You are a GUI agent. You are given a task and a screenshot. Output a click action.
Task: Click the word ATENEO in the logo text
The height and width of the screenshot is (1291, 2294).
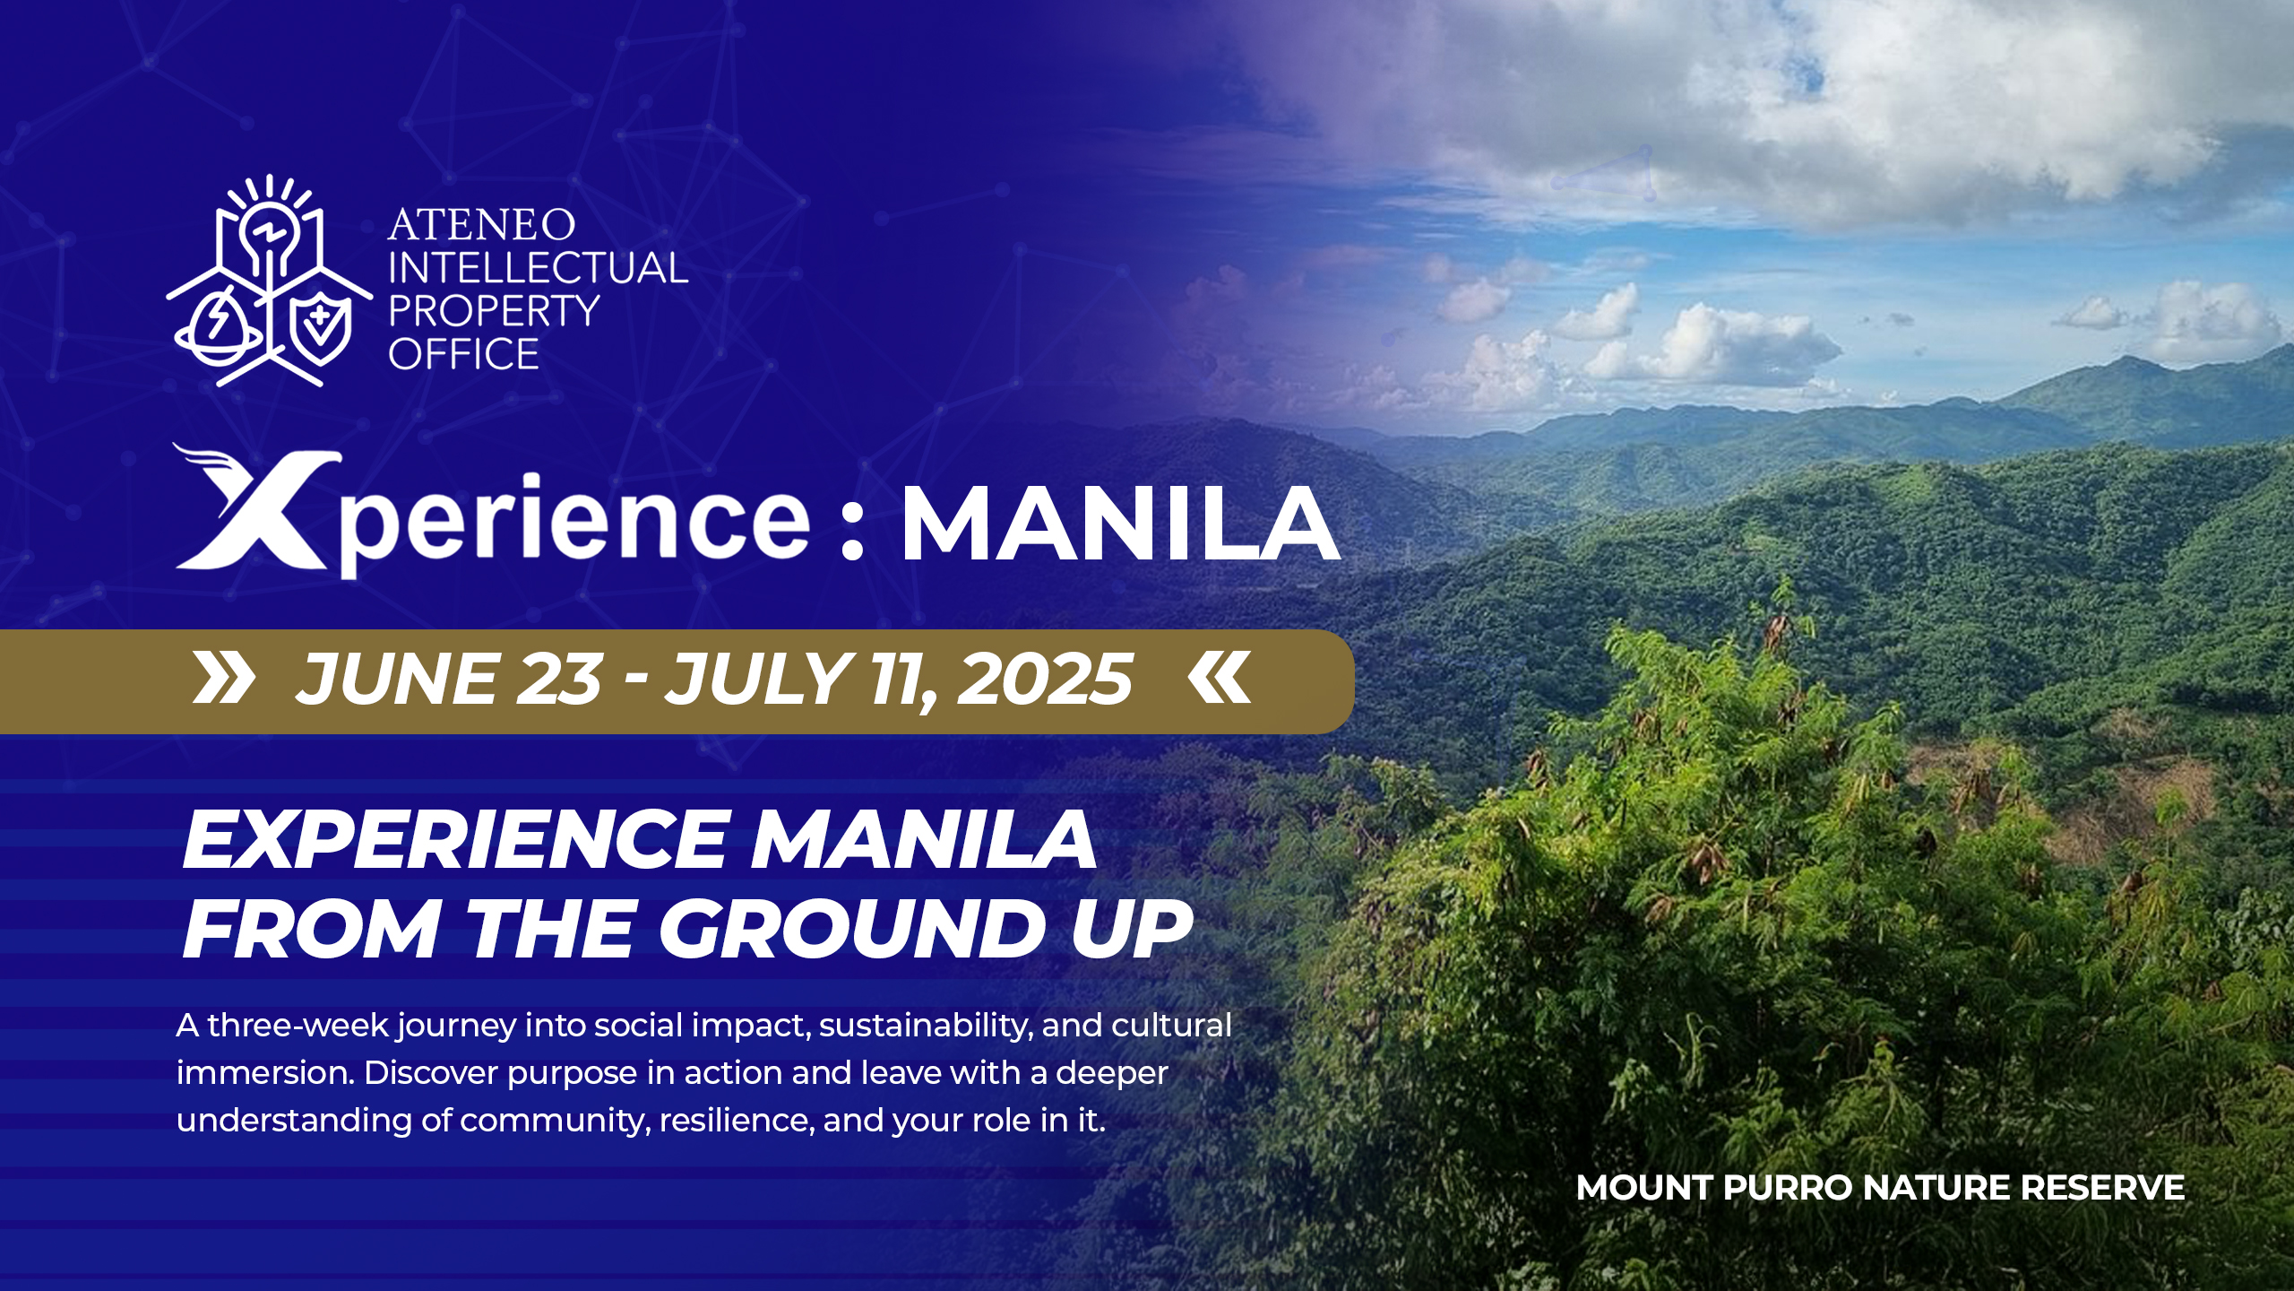[x=481, y=224]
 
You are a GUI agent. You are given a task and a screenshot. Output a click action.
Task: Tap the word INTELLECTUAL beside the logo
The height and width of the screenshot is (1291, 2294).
[x=538, y=268]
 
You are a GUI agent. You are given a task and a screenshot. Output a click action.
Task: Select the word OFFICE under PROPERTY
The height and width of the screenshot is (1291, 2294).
[x=463, y=354]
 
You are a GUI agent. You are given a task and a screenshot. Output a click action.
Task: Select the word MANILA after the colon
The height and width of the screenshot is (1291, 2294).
[x=1120, y=524]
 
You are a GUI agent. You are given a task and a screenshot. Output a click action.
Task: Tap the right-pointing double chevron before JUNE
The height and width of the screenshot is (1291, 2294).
[x=224, y=678]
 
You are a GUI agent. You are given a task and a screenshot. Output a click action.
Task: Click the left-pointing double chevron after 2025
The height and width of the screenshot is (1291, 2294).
[x=1220, y=678]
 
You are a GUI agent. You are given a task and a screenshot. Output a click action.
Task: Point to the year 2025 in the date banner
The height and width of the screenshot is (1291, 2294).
[x=1045, y=679]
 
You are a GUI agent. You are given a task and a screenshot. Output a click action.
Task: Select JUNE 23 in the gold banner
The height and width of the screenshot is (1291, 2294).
[x=448, y=679]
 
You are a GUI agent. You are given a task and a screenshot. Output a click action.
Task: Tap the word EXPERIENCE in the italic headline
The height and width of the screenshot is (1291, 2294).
[x=454, y=840]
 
